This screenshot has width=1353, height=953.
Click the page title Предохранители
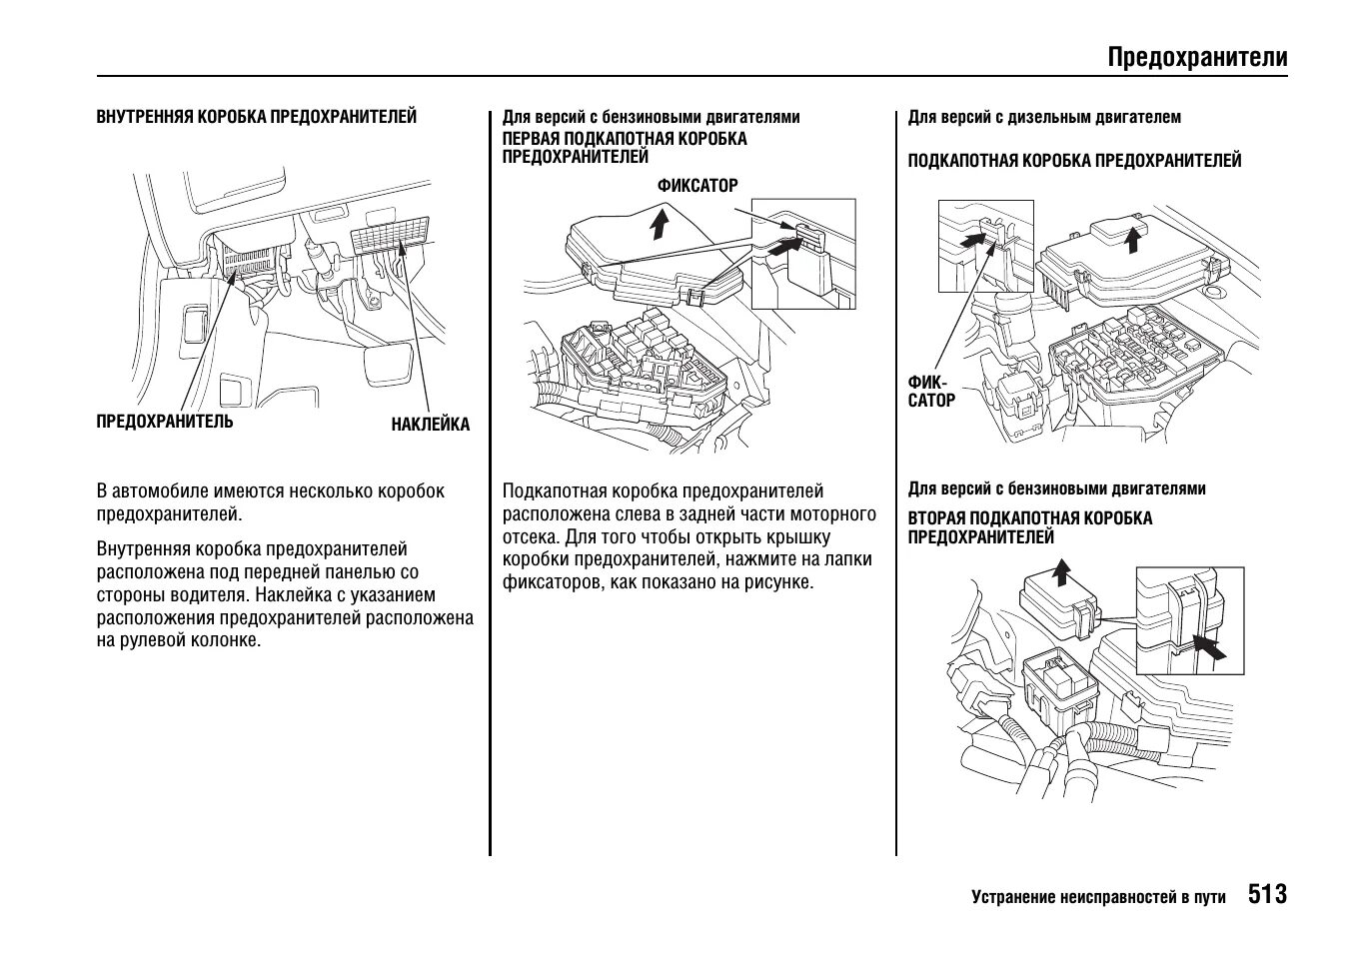1197,57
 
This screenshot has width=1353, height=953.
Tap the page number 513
1267,893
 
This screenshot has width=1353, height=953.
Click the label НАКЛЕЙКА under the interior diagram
430,425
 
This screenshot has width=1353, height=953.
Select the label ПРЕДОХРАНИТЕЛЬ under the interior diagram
165,421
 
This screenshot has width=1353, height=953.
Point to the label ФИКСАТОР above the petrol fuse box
697,186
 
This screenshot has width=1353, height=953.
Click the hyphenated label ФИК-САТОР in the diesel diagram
930,391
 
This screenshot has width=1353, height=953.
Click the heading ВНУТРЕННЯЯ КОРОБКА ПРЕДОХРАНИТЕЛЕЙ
256,117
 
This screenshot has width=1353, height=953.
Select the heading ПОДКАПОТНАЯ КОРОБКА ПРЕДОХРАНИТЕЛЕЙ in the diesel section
1074,160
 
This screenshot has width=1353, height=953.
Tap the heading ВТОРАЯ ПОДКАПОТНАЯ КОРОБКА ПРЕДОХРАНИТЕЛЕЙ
1029,527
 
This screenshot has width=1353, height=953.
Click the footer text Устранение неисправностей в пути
1098,897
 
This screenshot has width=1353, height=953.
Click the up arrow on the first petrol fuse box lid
659,224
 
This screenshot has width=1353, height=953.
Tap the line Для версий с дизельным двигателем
1044,117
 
